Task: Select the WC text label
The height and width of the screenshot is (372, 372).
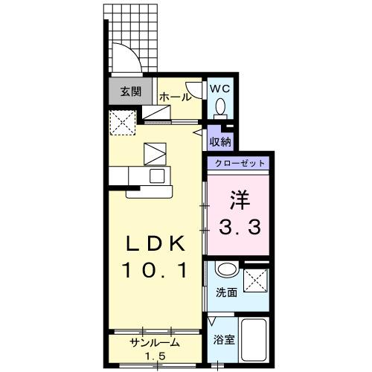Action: coord(220,89)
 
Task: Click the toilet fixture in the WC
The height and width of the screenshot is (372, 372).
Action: coord(220,109)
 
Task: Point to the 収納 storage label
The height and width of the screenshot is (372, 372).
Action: coord(219,140)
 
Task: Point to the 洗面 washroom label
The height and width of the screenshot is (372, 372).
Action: coord(227,292)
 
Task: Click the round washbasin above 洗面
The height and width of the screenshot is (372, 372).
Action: coord(228,270)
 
